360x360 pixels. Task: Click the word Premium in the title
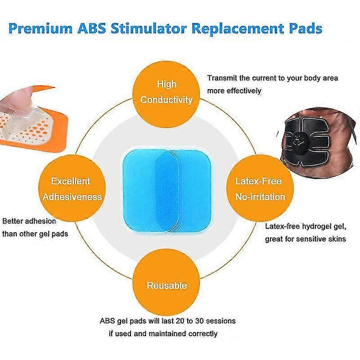40,29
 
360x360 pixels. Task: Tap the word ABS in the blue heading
92,28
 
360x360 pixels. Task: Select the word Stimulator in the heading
148,28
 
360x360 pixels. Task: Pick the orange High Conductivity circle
166,94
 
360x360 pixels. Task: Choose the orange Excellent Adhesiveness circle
72,188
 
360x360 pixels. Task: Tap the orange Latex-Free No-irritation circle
260,188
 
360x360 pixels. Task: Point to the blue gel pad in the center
167,190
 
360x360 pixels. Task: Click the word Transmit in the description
222,78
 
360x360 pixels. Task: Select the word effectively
244,91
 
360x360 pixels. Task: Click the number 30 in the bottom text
199,321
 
